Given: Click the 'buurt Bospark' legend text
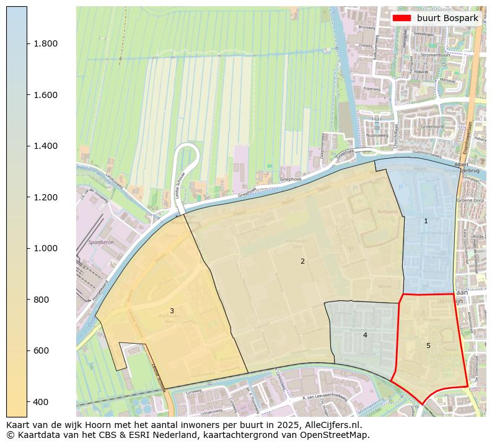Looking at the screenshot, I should tap(447, 18).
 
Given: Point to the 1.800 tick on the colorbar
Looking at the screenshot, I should tap(45, 43).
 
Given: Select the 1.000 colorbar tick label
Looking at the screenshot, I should tap(45, 248).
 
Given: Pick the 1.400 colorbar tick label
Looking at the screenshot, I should tap(45, 146).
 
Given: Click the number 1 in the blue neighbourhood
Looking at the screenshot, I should tap(426, 221).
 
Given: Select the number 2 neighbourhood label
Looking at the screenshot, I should tap(302, 261).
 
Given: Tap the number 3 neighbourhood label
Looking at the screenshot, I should tap(172, 311).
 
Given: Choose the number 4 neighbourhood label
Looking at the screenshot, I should tap(365, 335).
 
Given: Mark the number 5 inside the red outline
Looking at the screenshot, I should tap(428, 346).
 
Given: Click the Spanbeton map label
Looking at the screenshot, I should tap(101, 243).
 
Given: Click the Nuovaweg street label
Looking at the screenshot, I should tap(377, 135).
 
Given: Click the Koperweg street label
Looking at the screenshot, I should tap(371, 89).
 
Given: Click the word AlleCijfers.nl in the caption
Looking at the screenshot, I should tap(329, 426).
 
